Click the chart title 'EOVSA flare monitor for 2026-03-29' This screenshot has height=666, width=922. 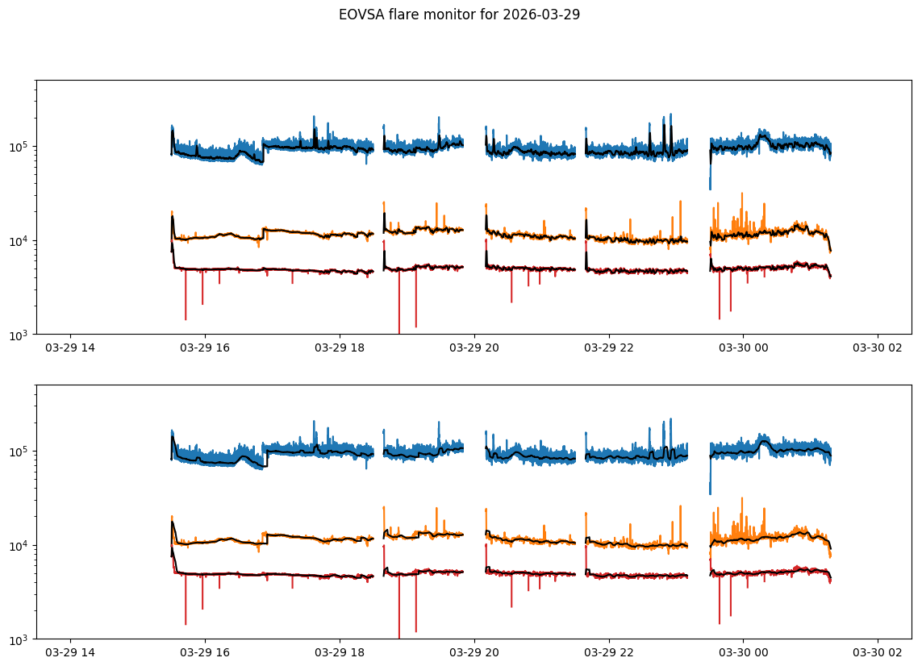460,15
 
